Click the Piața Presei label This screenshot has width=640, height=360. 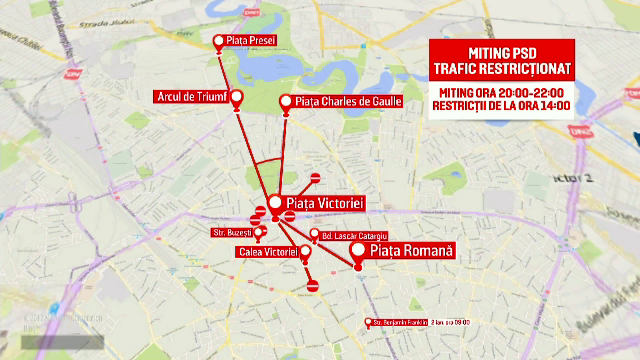[250, 41]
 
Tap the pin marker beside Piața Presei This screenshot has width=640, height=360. [219, 41]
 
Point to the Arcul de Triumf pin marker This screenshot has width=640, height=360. [237, 97]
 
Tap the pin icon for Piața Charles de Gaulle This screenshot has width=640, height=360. [286, 101]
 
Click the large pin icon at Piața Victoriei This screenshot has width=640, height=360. [275, 202]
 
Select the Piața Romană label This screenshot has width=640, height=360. [411, 250]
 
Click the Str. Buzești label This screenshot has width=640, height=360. [230, 232]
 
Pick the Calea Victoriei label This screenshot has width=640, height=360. [266, 252]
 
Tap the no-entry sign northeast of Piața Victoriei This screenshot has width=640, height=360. [315, 178]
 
